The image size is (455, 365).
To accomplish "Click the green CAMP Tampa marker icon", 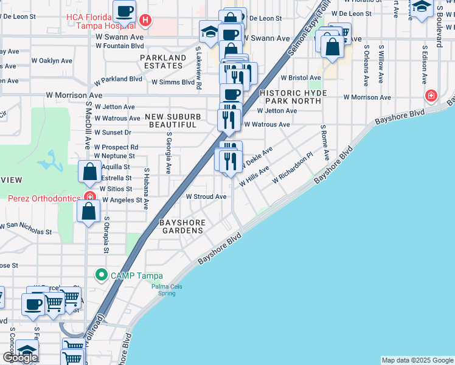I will [102, 275].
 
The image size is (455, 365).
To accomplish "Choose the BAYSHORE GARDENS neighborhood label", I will [181, 227].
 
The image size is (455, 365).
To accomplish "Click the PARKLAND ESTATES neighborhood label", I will [163, 62].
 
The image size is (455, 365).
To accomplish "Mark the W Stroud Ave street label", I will [206, 197].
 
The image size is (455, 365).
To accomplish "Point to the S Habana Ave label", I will [146, 189].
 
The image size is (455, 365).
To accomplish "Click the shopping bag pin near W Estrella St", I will [89, 172].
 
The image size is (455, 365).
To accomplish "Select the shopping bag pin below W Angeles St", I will [89, 212].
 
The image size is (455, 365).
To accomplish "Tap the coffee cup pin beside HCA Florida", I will [125, 11].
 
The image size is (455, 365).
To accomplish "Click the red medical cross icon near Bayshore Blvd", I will [431, 96].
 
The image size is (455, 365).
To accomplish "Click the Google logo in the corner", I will [19, 358].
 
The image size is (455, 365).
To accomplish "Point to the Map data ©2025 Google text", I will [417, 360].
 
